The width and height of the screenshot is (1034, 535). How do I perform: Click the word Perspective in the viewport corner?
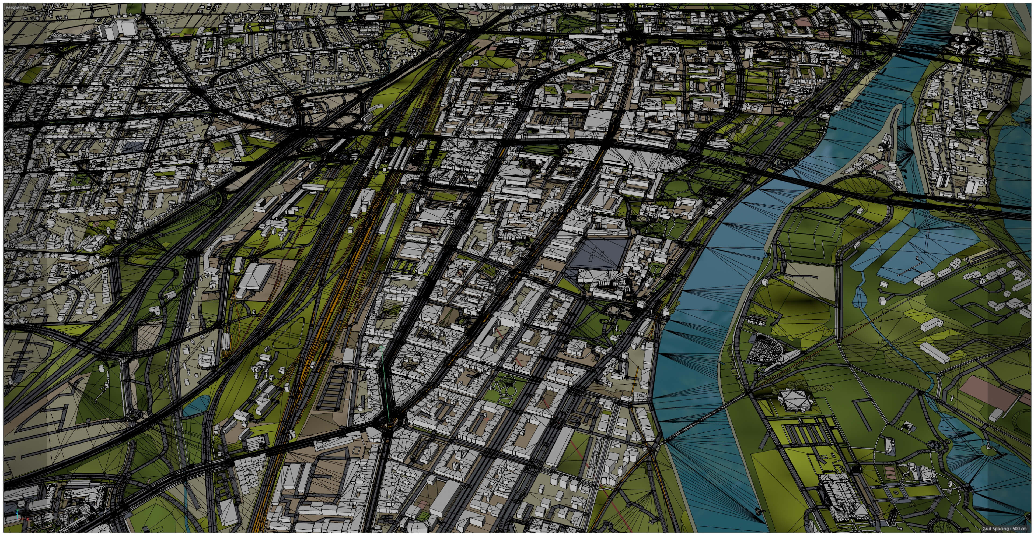point(17,8)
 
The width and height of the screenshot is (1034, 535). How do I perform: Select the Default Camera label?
point(514,8)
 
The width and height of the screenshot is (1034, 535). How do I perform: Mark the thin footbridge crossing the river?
point(698,421)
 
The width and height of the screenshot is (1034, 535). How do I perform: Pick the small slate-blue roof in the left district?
point(132,146)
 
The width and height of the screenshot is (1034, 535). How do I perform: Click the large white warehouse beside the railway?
point(254,277)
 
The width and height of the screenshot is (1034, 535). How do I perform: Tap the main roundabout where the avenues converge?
point(389,421)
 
